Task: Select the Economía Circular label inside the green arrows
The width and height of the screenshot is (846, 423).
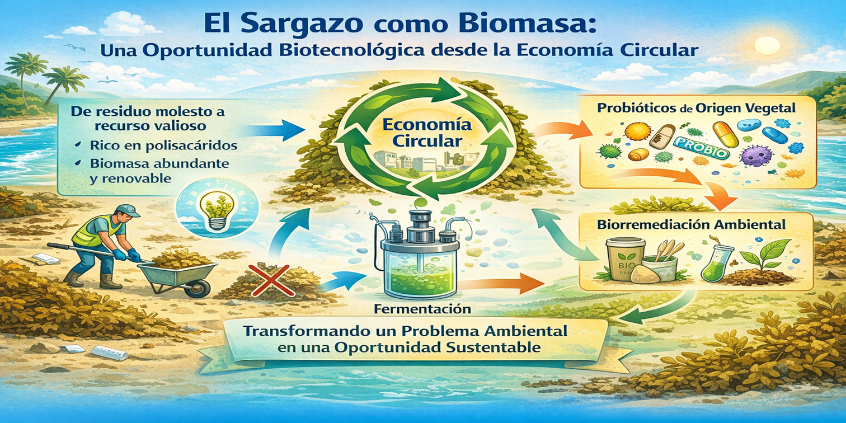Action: [x=427, y=133]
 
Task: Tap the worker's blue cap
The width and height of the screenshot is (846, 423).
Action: [x=129, y=210]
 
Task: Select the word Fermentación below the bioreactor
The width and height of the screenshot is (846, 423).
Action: [x=422, y=309]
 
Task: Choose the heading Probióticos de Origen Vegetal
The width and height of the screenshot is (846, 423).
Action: [x=696, y=109]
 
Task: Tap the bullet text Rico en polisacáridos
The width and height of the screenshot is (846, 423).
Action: [x=163, y=145]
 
